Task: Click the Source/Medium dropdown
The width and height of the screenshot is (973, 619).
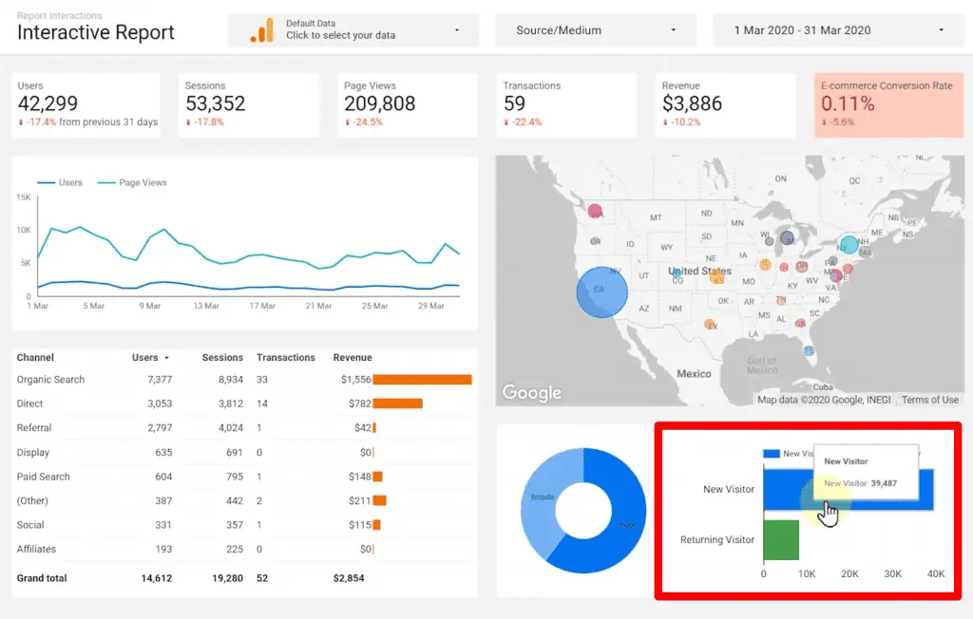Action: pos(596,30)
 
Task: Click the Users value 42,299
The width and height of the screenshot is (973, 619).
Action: pos(48,103)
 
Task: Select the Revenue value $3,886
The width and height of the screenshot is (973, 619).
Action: pos(692,103)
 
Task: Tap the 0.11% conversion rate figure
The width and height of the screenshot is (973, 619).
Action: pos(848,103)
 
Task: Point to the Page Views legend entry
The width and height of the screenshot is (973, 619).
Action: pos(143,182)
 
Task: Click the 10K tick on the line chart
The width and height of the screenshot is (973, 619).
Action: pos(25,230)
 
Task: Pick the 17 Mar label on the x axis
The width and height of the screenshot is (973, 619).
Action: pos(261,306)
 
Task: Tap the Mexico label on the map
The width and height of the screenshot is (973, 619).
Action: pos(694,374)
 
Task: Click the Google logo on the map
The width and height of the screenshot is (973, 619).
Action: pos(531,392)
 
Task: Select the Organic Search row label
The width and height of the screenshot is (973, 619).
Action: pos(50,380)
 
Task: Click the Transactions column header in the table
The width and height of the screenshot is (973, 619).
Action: pos(285,358)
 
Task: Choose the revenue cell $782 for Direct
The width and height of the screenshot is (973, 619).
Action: pos(358,403)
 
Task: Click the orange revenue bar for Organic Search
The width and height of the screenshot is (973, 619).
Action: pos(422,380)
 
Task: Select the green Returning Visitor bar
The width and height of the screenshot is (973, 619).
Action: pos(781,539)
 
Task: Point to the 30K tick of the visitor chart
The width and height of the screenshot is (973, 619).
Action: pos(892,573)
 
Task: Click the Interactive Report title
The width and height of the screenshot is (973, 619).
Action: pos(96,33)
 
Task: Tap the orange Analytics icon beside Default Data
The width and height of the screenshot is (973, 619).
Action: pos(261,30)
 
